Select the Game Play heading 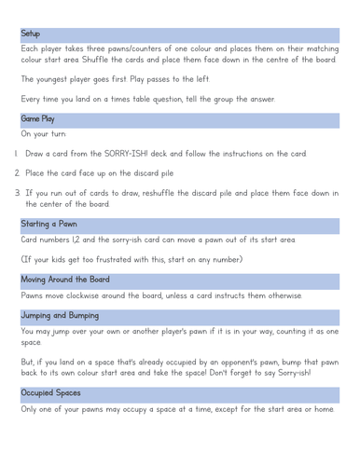coord(37,119)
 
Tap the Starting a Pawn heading coord(49,224)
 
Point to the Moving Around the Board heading coord(65,279)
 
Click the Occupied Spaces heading coord(50,393)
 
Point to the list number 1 coord(16,153)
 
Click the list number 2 coord(17,172)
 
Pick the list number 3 coord(17,193)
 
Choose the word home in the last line coord(325,409)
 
